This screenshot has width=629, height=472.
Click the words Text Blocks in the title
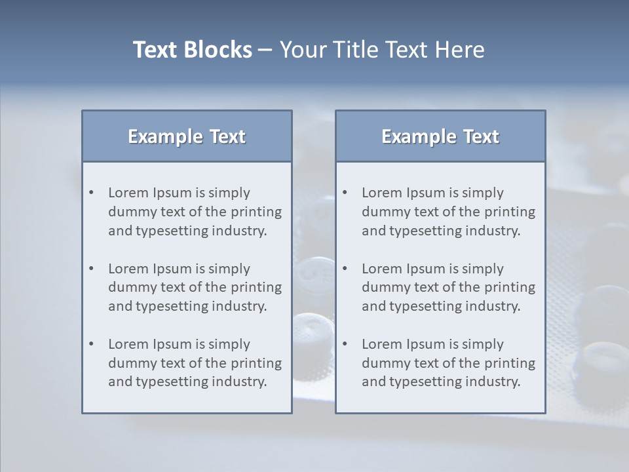[x=192, y=50]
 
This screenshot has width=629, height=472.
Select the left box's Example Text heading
[x=187, y=136]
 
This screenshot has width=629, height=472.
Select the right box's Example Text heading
[x=440, y=136]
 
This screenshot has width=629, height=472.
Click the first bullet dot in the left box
[x=92, y=193]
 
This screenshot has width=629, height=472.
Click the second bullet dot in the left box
[x=92, y=269]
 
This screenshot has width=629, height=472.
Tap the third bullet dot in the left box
[x=92, y=344]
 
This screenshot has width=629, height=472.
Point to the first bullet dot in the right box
[x=345, y=193]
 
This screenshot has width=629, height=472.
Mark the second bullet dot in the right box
[x=345, y=269]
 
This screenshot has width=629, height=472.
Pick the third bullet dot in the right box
[x=345, y=344]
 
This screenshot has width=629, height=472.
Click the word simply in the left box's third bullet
[x=229, y=344]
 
